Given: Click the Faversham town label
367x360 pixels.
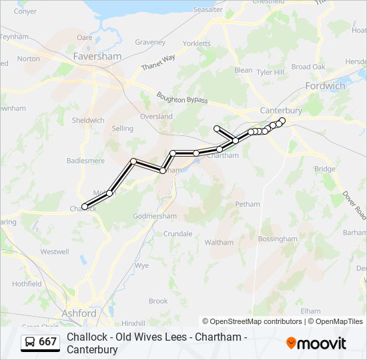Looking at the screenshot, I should click(x=97, y=57).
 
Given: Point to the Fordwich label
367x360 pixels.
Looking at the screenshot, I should click(x=325, y=86).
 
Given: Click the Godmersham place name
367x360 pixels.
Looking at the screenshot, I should click(x=155, y=216).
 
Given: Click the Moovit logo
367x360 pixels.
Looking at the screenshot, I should click(x=316, y=343).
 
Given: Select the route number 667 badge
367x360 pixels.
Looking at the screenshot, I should click(x=41, y=342).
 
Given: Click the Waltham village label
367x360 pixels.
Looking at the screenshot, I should click(x=219, y=243).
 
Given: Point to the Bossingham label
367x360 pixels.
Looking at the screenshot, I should click(x=277, y=239).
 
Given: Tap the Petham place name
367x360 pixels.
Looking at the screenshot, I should click(x=247, y=204).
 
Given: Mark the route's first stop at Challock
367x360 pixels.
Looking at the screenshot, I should click(x=85, y=206).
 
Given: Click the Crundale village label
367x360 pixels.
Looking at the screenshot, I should click(x=177, y=234).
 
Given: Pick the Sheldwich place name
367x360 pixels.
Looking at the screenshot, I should click(x=88, y=121).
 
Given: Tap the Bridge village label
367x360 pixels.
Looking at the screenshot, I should click(x=325, y=169).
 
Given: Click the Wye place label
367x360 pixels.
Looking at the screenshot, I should click(x=141, y=265).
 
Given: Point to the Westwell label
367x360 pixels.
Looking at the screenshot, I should click(x=55, y=252).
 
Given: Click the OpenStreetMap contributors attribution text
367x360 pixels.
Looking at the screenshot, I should click(x=252, y=321).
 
